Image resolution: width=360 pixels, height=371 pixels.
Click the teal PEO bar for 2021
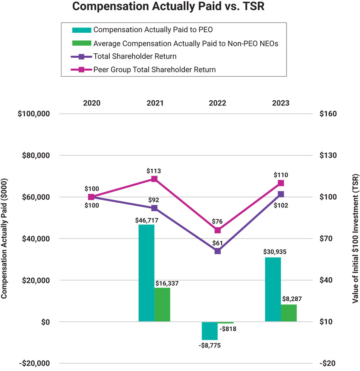point(146,273)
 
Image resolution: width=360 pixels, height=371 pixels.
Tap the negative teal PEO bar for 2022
point(209,331)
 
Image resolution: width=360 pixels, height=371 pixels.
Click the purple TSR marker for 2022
point(218,251)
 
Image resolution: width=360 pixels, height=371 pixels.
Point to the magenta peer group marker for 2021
point(154,179)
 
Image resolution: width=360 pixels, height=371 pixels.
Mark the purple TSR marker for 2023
point(281,194)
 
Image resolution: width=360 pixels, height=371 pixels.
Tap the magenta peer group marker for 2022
point(218,230)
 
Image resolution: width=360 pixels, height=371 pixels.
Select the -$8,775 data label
point(209,346)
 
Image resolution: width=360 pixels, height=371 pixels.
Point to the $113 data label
point(154,171)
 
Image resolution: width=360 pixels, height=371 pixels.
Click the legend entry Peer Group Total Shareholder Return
point(154,69)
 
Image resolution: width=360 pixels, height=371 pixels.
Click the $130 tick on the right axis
point(328,155)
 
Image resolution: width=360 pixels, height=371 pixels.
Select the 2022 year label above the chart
point(218,103)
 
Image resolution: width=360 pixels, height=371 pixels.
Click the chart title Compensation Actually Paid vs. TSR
point(168,7)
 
